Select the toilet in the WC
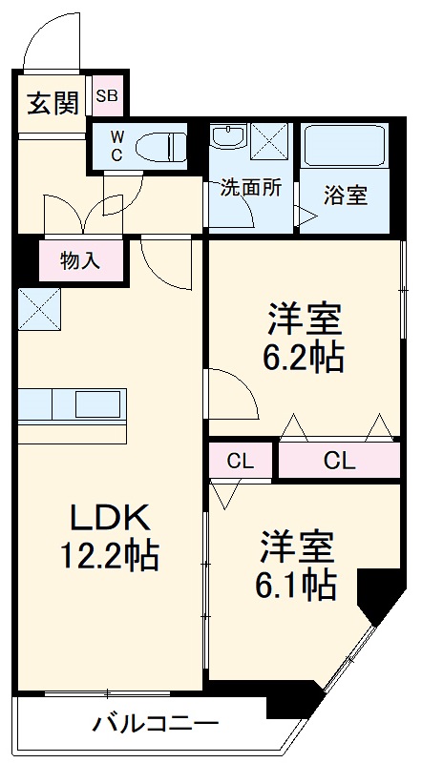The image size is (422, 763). click(161, 146)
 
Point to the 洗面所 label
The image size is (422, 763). click(251, 188)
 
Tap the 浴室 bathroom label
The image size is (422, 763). click(345, 196)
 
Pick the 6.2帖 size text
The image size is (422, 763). click(305, 359)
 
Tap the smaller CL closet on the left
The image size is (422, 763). click(242, 463)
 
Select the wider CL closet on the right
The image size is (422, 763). click(339, 463)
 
